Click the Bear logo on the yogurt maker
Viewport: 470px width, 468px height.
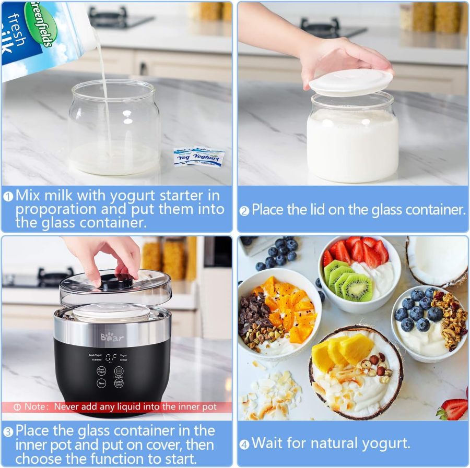pyautogui.click(x=112, y=338)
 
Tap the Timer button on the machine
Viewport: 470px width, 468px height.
pyautogui.click(x=101, y=383)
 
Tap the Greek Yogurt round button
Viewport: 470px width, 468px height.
pyautogui.click(x=101, y=371)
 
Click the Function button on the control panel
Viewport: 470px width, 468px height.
pyautogui.click(x=119, y=371)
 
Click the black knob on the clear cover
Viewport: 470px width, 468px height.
pyautogui.click(x=116, y=281)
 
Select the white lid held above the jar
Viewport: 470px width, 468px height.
pyautogui.click(x=351, y=82)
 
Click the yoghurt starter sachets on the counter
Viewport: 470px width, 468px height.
pyautogui.click(x=199, y=156)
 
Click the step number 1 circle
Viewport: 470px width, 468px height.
pyautogui.click(x=8, y=197)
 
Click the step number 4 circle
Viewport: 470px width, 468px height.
pyautogui.click(x=244, y=445)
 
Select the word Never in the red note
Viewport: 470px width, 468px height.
pyautogui.click(x=66, y=406)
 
